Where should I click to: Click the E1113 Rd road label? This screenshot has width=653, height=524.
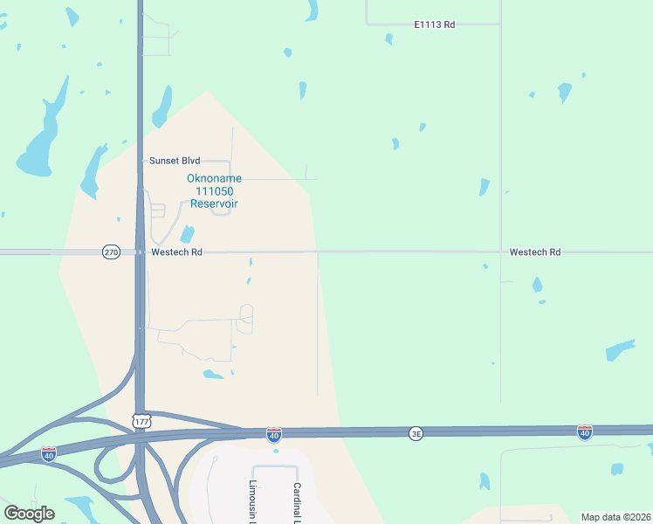point(434,24)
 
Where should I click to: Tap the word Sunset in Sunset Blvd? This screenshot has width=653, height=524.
point(163,161)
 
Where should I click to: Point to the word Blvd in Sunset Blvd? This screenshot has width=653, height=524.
point(190,161)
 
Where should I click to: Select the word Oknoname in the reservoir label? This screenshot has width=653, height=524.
point(214,178)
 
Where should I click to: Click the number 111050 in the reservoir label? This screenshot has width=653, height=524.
point(214,190)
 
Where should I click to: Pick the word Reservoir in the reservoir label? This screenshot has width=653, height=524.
point(214,203)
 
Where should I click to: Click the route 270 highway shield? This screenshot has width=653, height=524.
point(111,252)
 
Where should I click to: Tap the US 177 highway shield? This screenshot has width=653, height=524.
point(141,421)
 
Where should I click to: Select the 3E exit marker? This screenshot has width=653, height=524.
point(416,433)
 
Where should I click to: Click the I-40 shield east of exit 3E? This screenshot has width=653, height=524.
point(584,432)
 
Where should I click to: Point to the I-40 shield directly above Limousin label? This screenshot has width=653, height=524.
point(274,435)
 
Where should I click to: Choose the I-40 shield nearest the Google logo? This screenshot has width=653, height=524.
point(49,453)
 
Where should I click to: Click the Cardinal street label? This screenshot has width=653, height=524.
point(297,502)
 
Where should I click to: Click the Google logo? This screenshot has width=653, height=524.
point(29,514)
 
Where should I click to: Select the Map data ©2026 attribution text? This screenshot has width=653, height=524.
point(615,517)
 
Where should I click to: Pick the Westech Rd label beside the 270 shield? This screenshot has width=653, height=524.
point(176,252)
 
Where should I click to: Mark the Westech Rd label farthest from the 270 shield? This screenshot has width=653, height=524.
point(534,252)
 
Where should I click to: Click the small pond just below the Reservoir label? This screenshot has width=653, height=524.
point(187,234)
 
